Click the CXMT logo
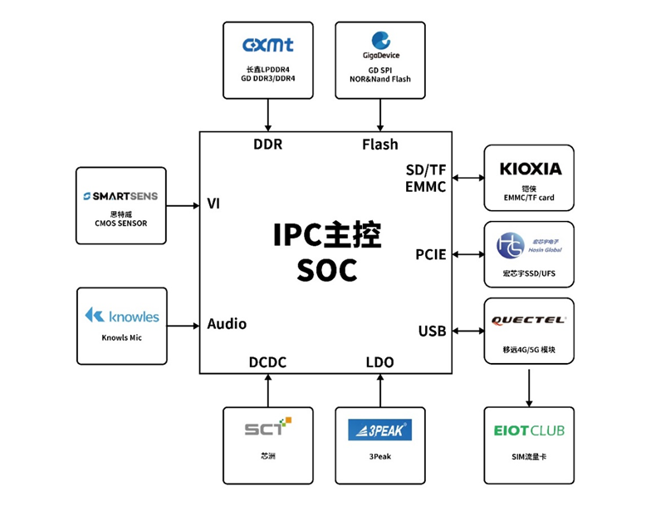267,45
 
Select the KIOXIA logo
530,170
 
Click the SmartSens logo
120,197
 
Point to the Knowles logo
121,316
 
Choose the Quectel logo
529,320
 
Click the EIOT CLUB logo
529,430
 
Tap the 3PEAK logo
380,430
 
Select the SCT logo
268,428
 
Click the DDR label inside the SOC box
267,145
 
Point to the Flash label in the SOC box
379,145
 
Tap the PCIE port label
431,254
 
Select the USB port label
432,332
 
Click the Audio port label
227,324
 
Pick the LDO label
379,362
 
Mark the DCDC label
267,362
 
